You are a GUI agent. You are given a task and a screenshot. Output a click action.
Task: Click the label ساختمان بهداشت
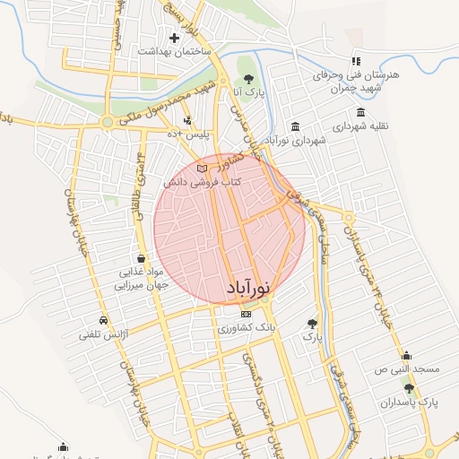coord(173,52)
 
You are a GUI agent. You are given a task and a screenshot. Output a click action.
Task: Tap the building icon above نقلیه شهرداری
coord(360,113)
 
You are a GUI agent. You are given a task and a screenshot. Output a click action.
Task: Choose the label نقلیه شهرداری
coord(360,127)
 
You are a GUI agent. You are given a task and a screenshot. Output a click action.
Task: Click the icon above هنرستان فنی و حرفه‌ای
coord(356,61)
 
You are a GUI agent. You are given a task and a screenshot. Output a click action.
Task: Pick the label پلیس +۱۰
coord(189,134)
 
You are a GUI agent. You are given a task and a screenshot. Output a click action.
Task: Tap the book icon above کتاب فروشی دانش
coord(202,169)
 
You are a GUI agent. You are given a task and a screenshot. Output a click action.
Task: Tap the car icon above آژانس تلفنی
coord(104,320)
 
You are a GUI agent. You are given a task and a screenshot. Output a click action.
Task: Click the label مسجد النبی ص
coord(407,368)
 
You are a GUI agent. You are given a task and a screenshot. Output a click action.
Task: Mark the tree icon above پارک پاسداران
coord(410,388)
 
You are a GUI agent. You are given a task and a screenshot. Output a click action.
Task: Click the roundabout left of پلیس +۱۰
coord(108,121)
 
